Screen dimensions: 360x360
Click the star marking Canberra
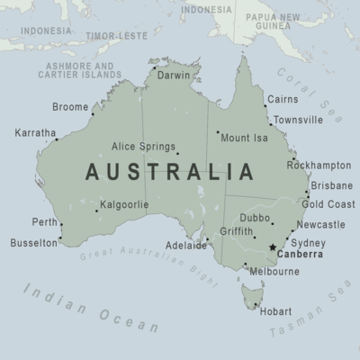point(273,247)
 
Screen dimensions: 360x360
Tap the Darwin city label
point(173,76)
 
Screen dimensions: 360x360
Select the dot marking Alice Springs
point(177,153)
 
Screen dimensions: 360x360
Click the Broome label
point(70,107)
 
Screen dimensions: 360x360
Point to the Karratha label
point(35,133)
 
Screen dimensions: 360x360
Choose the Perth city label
point(44,221)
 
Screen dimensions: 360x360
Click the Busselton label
point(33,243)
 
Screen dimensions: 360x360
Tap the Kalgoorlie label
point(124,204)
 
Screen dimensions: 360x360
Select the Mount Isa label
point(244,138)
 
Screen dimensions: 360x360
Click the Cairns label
point(283,99)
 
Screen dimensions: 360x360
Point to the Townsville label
point(298,120)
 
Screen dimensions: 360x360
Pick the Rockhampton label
point(319,166)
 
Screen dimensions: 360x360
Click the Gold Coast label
point(327,204)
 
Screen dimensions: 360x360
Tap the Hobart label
point(274,312)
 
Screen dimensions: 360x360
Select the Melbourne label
point(274,271)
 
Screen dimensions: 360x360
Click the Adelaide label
point(186,245)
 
